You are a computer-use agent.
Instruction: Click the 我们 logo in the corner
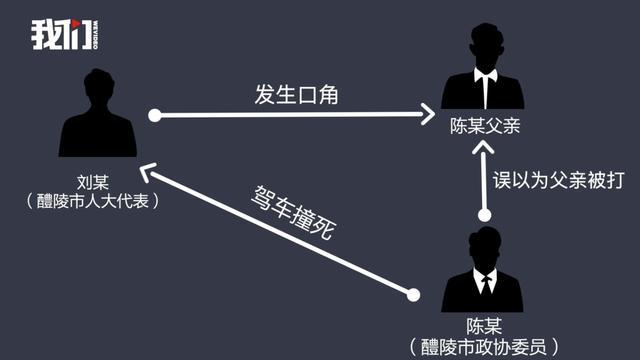pyautogui.click(x=64, y=35)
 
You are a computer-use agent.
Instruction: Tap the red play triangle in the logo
pyautogui.click(x=76, y=24)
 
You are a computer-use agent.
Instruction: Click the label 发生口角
pyautogui.click(x=296, y=95)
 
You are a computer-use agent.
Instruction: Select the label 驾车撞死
pyautogui.click(x=293, y=213)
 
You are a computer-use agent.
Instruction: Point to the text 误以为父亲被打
pyautogui.click(x=558, y=180)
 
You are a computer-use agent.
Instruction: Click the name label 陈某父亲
pyautogui.click(x=485, y=126)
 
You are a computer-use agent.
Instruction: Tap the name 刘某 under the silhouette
pyautogui.click(x=93, y=182)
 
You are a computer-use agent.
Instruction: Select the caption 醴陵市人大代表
pyautogui.click(x=93, y=201)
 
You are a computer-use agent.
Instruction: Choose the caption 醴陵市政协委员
pyautogui.click(x=484, y=347)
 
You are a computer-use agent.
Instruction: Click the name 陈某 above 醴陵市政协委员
pyautogui.click(x=484, y=327)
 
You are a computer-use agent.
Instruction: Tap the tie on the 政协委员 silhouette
pyautogui.click(x=486, y=284)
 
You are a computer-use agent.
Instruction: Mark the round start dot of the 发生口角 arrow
pyautogui.click(x=155, y=116)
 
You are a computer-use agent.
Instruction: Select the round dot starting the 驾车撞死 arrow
pyautogui.click(x=413, y=295)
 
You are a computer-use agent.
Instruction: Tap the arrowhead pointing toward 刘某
pyautogui.click(x=148, y=171)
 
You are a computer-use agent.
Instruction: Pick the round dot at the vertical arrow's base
pyautogui.click(x=484, y=215)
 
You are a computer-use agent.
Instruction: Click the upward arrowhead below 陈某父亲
pyautogui.click(x=483, y=148)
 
